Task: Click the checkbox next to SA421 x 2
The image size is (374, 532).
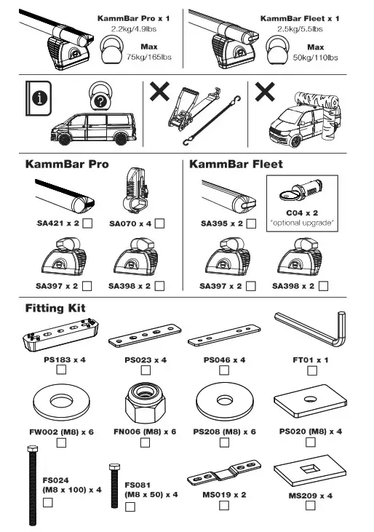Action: tap(88, 223)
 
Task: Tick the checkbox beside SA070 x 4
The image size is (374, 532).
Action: tap(159, 223)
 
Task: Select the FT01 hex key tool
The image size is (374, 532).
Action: tap(311, 332)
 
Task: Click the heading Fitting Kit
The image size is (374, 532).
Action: tap(55, 308)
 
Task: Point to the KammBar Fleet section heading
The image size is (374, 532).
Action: tap(236, 164)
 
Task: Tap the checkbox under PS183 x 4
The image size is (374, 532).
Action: tap(61, 370)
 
